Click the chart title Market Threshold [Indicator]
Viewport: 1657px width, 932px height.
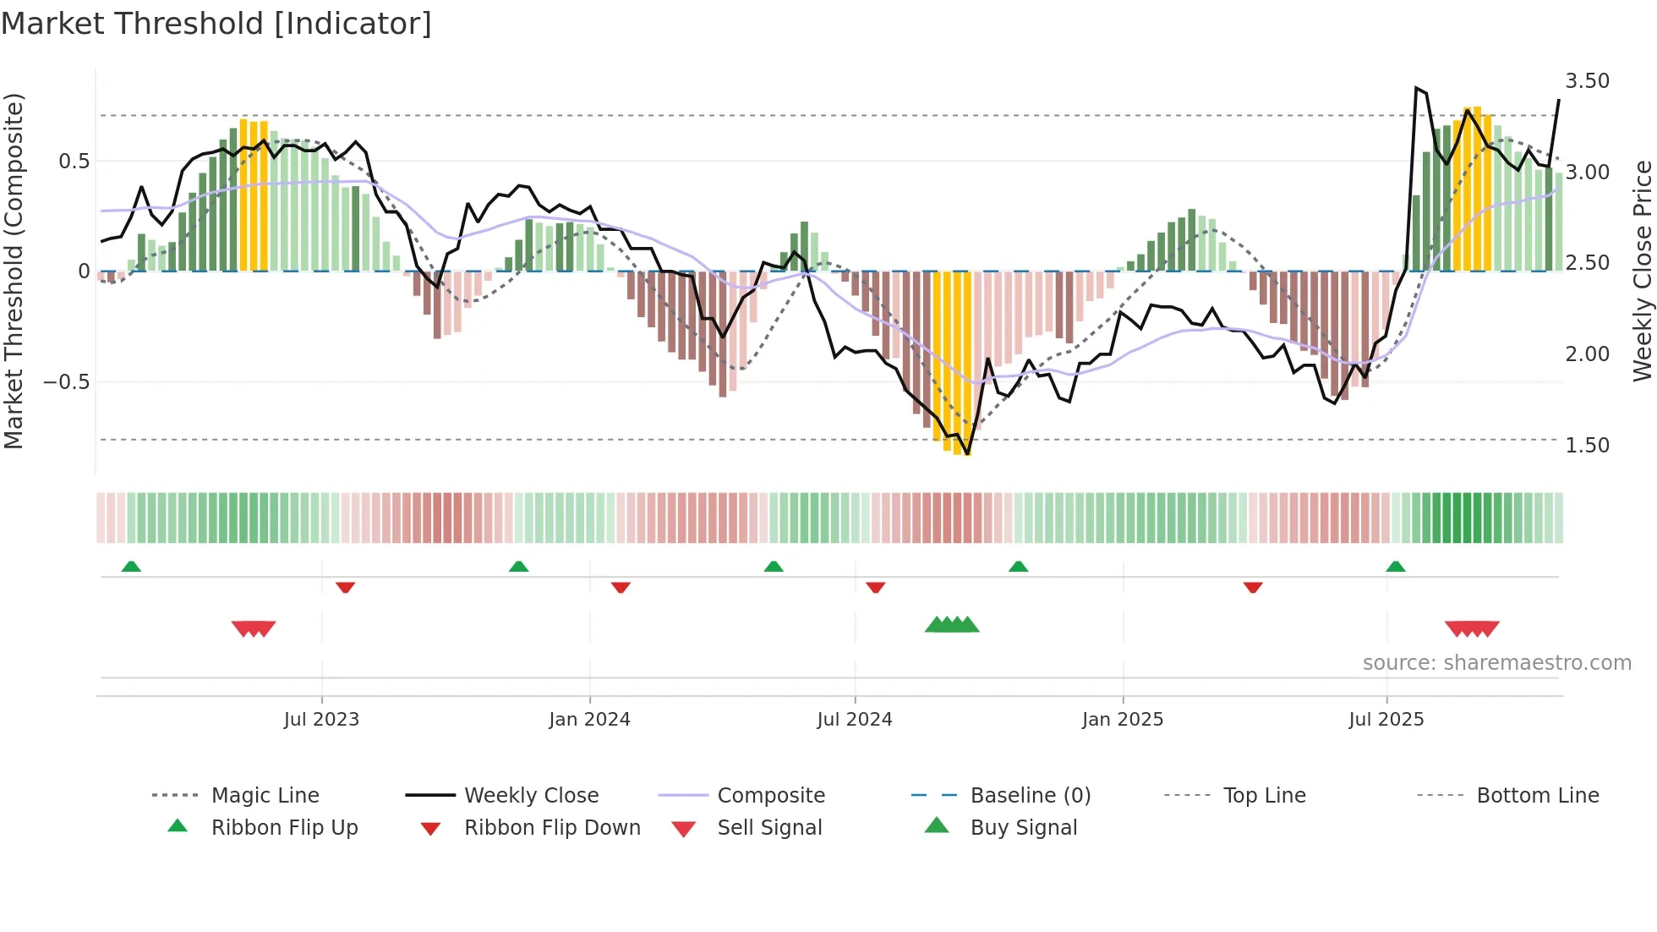tap(216, 24)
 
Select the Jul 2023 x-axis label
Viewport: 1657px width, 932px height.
tap(321, 720)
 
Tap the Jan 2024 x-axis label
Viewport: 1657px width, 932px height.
tap(589, 720)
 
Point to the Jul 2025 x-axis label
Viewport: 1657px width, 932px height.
tap(1386, 720)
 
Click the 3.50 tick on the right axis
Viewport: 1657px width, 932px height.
tap(1587, 81)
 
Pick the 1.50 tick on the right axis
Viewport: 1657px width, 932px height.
tap(1587, 446)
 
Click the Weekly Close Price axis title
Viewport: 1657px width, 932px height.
tap(1642, 271)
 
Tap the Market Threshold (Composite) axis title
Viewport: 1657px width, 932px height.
tap(14, 271)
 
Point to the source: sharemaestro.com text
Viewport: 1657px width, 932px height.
tap(1496, 663)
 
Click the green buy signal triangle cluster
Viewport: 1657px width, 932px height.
tap(952, 625)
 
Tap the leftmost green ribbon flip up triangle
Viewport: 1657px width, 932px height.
tap(131, 567)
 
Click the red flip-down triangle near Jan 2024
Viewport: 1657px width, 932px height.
tap(621, 587)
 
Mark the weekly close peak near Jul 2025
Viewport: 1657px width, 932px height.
tap(1416, 88)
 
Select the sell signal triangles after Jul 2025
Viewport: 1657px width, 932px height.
tap(1472, 628)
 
